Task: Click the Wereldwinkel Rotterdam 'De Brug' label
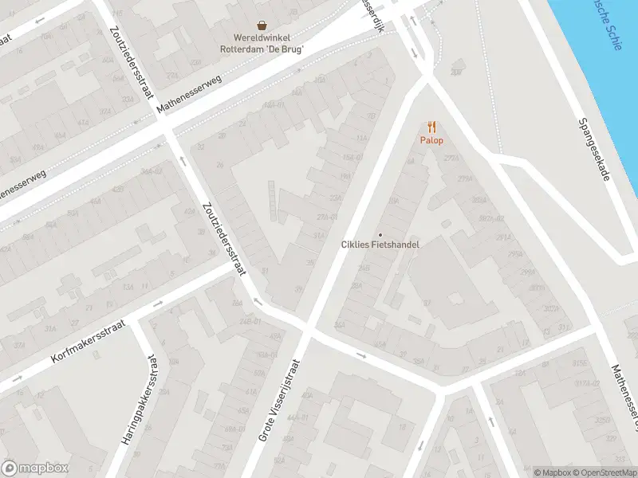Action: [x=262, y=42]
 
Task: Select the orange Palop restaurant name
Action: [x=431, y=140]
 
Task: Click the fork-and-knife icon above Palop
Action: [x=431, y=127]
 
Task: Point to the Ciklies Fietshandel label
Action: [x=380, y=245]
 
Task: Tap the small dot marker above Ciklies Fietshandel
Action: [x=380, y=234]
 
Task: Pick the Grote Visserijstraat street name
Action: [x=280, y=413]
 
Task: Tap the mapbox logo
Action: [x=35, y=468]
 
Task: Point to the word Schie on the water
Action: [x=615, y=36]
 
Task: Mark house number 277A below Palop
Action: [x=453, y=159]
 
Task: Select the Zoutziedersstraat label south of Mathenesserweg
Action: [x=225, y=237]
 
